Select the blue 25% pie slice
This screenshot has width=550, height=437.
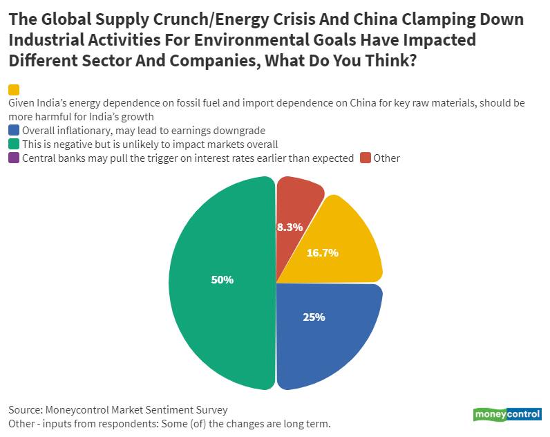[x=325, y=332]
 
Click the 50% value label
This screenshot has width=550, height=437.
[x=222, y=280]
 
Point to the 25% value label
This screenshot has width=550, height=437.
[x=314, y=317]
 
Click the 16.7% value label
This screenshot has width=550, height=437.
[x=322, y=253]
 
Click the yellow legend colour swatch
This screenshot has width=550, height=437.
[x=14, y=90]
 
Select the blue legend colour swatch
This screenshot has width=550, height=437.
[x=14, y=130]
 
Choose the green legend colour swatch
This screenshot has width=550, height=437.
[x=14, y=144]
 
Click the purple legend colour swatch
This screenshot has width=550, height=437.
[x=14, y=158]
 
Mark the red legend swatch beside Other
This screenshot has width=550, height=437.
[x=366, y=158]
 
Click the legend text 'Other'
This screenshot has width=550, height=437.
[x=387, y=158]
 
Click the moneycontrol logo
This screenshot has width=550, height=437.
[x=507, y=414]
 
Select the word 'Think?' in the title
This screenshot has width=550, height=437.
[x=390, y=60]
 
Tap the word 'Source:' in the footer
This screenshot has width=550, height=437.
[x=25, y=409]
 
